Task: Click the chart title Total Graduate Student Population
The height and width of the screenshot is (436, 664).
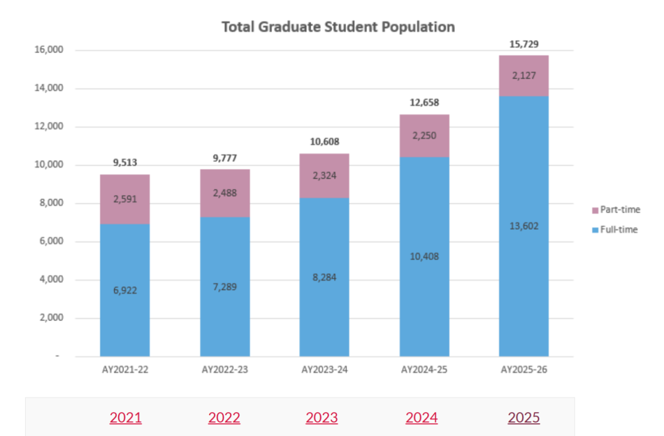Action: point(338,27)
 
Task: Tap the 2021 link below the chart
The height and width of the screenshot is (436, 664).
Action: point(125,418)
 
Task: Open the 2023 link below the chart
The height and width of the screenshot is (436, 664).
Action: point(322,418)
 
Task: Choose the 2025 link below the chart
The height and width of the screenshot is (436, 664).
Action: point(524,418)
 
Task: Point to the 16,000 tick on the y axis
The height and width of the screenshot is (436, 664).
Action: point(50,50)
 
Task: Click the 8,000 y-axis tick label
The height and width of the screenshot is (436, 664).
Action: point(52,203)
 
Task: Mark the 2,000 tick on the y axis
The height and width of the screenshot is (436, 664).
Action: point(52,318)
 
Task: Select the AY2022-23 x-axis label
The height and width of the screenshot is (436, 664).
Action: point(225,370)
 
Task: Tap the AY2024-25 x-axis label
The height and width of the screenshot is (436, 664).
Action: point(424,370)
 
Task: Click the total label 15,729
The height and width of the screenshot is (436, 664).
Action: point(524,44)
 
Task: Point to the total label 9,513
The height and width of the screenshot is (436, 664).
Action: point(125,163)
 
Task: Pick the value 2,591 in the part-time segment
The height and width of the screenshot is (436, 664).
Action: point(125,199)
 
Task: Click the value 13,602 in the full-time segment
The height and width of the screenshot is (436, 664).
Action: point(524,226)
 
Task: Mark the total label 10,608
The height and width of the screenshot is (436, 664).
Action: point(325,142)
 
